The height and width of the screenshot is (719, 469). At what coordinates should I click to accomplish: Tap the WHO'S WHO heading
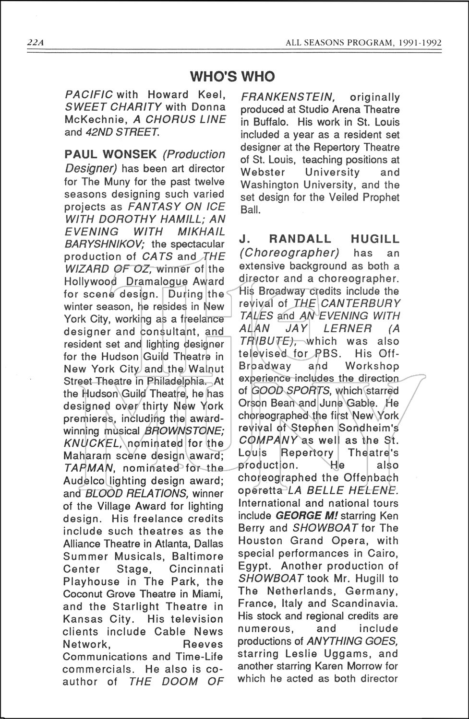tap(232, 76)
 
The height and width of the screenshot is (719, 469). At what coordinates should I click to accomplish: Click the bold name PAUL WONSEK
tap(110, 154)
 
